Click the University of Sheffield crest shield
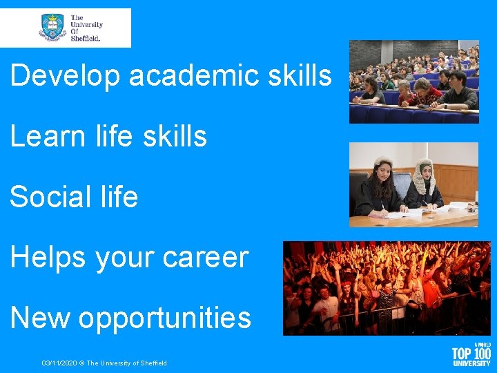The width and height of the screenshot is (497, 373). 53,27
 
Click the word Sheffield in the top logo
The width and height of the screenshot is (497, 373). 86,39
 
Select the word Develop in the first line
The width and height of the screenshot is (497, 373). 66,76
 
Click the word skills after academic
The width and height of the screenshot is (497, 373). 302,76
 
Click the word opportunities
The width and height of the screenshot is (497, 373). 165,319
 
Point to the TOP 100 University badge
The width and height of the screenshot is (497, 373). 471,354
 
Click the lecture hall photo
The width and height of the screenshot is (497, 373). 413,82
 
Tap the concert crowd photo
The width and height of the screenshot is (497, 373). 386,288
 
